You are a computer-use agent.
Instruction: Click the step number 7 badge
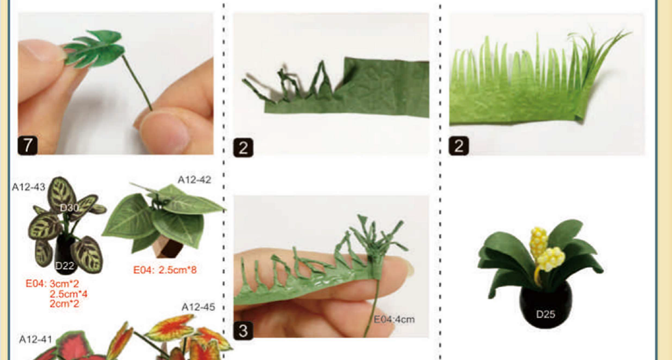point(28,146)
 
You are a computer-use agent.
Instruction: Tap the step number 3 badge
point(243,331)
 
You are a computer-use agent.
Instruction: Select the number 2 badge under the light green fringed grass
point(458,146)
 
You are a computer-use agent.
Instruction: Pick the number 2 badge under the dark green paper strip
point(243,147)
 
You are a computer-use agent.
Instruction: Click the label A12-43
point(29,187)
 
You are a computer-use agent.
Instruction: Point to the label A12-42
point(195,180)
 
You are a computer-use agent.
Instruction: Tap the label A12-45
point(198,307)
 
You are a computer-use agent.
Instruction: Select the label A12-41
point(35,339)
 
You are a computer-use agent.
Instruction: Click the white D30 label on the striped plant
point(69,208)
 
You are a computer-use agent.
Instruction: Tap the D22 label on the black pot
point(65,266)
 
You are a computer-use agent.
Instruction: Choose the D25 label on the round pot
point(545,314)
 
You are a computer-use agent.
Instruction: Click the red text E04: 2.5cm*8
point(165,270)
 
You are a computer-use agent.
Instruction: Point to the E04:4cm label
point(394,320)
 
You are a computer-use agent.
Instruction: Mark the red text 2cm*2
point(64,303)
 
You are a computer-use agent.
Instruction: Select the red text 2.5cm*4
point(68,294)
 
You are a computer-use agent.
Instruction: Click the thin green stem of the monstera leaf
point(137,82)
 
